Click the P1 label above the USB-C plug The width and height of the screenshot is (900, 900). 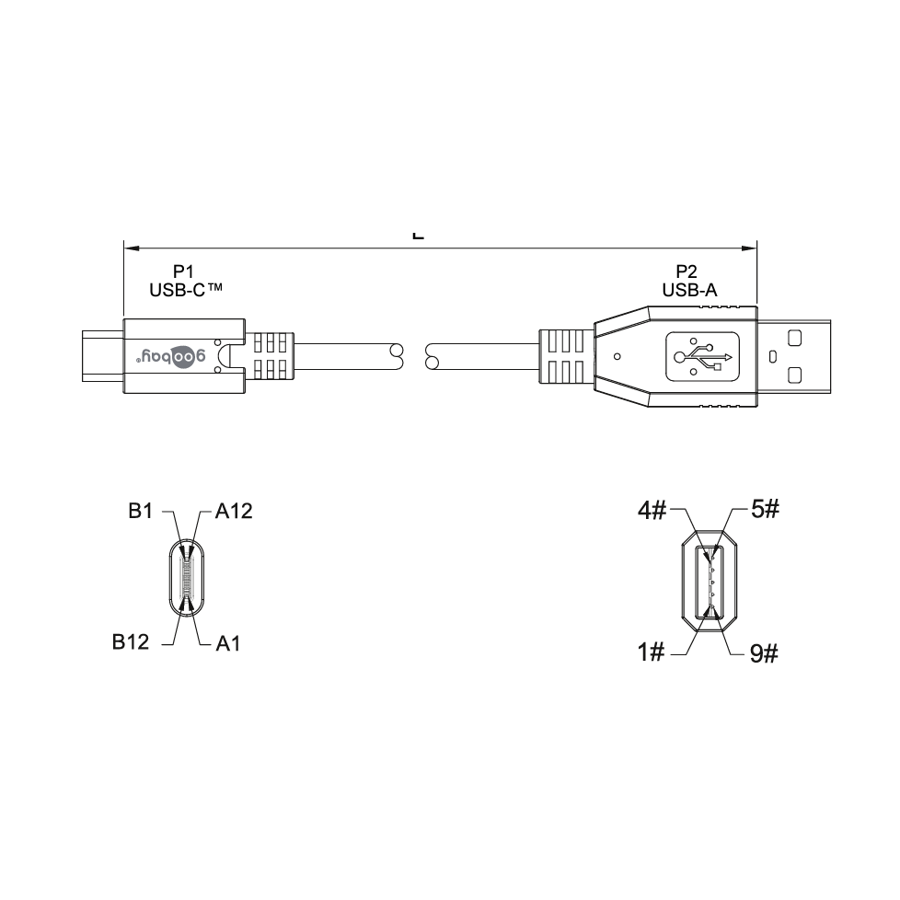point(184,271)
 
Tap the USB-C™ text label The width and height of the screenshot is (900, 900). point(186,291)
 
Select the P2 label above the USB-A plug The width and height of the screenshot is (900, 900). point(687,271)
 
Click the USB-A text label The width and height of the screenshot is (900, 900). point(689,291)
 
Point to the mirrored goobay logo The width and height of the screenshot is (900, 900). point(170,356)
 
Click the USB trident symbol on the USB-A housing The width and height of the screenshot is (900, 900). point(703,356)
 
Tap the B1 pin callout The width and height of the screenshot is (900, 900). point(141,510)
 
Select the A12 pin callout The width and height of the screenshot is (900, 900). point(234,510)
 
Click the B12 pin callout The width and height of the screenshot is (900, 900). point(131,641)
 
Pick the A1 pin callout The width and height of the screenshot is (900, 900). point(228,643)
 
